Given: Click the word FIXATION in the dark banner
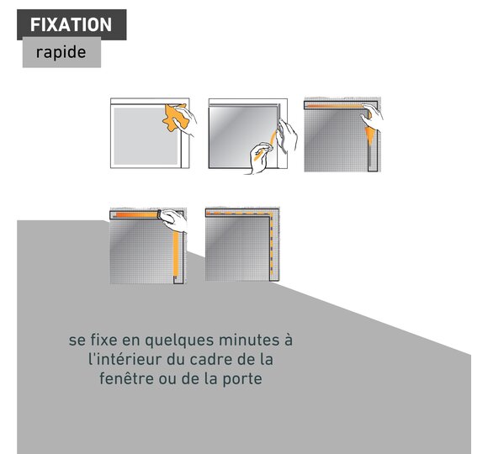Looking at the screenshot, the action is point(71,24).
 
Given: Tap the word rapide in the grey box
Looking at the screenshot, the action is point(61,52).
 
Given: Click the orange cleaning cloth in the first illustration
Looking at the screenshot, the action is point(173,119).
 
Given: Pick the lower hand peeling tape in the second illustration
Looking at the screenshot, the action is point(260,159).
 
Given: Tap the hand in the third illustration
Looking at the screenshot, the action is point(372,116).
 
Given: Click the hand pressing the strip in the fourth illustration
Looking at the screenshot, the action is point(173,220).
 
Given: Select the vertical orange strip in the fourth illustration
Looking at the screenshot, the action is point(176,255).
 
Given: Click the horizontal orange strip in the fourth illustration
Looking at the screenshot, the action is point(136,215).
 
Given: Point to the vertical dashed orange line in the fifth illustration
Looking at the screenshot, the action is point(272,245).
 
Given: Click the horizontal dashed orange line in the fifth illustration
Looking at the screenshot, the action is point(239,214).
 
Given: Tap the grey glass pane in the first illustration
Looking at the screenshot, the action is point(146,136).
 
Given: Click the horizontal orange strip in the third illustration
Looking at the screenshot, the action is point(336,106).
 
